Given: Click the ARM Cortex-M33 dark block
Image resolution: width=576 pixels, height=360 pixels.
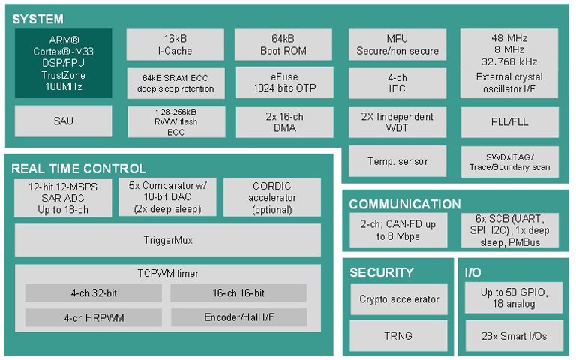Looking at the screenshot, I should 63,63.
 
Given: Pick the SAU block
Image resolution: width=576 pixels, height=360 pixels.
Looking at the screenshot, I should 63,121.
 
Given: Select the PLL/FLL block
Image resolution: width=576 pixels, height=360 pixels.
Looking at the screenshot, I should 509,121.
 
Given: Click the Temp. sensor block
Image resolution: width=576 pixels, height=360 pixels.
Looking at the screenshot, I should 397,161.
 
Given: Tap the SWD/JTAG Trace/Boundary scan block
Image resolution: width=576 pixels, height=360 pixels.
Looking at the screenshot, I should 509,161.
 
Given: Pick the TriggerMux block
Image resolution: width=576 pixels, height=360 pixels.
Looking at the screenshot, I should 168,240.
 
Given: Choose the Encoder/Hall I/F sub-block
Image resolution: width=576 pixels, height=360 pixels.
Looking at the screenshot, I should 238,317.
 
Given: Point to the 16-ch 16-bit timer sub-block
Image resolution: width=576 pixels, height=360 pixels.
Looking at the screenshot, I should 238,292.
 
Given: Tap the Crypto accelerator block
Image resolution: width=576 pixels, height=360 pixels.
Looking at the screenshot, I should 398,299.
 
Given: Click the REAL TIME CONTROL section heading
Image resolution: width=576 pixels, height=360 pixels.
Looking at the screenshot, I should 79,169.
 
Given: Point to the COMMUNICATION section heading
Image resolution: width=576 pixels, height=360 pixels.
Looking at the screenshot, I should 405,204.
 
